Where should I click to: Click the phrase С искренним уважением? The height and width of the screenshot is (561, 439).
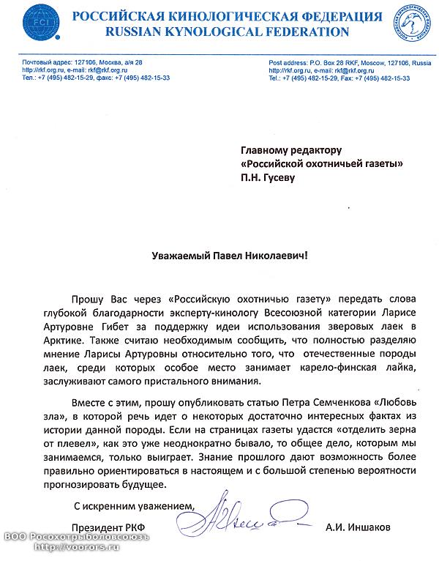point(136,505)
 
